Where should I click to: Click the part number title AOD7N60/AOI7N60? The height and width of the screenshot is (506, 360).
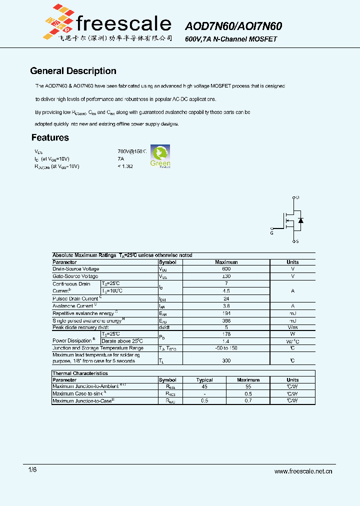click(233, 26)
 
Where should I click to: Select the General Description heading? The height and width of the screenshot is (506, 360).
click(73, 71)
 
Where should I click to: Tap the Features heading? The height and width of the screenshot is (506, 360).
click(50, 137)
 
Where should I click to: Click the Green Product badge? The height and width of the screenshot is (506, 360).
click(160, 156)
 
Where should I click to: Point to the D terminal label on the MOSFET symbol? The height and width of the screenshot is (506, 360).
click(298, 198)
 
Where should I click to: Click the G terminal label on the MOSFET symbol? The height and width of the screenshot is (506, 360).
click(271, 232)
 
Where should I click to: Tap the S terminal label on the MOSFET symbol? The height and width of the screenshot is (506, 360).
click(298, 241)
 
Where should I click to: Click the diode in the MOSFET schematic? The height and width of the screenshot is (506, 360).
click(300, 220)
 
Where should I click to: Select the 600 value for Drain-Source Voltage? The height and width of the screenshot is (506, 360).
click(226, 269)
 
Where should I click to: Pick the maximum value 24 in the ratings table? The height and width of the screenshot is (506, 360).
click(226, 298)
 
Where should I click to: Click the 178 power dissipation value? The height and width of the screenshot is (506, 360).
click(226, 333)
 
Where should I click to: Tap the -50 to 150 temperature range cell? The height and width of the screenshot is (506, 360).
click(226, 348)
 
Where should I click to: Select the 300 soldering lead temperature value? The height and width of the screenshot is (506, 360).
click(226, 360)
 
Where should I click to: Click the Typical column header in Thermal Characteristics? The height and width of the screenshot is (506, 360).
click(204, 380)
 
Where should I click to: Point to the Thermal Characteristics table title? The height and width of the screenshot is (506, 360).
click(80, 373)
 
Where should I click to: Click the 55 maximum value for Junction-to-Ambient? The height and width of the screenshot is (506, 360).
click(248, 386)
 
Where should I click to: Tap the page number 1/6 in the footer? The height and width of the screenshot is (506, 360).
click(32, 470)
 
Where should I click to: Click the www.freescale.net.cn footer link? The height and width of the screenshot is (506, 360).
click(303, 471)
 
